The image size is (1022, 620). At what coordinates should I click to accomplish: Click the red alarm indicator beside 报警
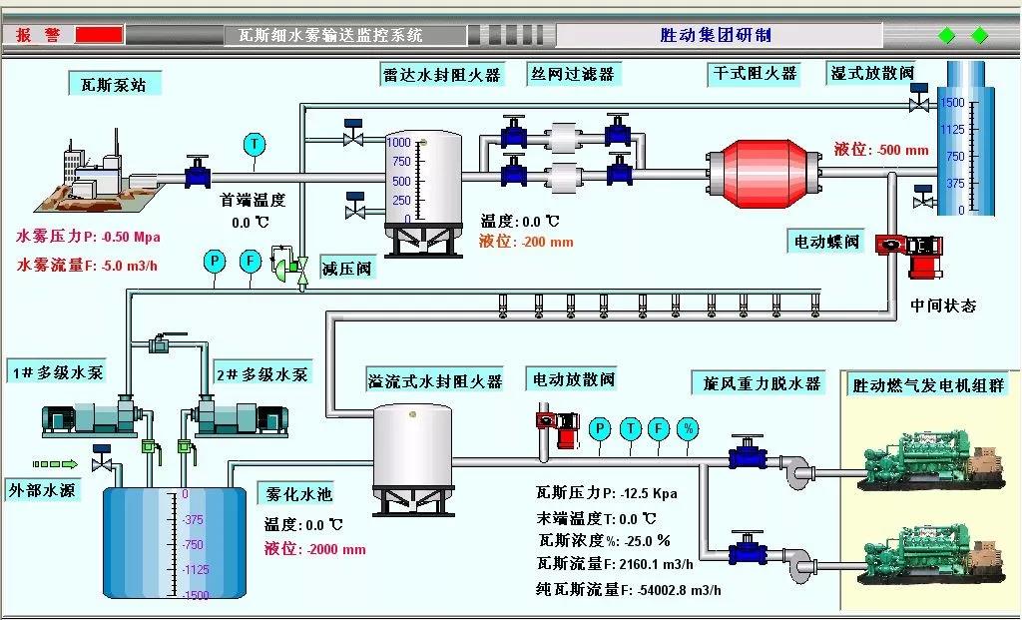point(99,35)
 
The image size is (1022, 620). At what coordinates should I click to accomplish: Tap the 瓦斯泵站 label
point(114,85)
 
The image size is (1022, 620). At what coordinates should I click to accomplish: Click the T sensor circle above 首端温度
point(255,145)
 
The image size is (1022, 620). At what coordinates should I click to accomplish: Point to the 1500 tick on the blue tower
point(953,102)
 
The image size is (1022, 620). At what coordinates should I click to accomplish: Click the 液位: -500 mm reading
point(881,150)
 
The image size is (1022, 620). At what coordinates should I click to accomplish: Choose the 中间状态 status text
point(943,306)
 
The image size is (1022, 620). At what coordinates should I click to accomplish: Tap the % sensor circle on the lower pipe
point(687,429)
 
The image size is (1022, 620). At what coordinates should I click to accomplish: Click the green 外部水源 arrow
point(55,464)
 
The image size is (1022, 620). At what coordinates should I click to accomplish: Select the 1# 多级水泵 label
point(57,373)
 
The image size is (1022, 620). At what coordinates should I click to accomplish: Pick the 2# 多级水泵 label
point(261,374)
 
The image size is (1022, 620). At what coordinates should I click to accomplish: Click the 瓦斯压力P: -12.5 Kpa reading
point(607,492)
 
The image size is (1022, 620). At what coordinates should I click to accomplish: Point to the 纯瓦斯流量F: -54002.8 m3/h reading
point(628,589)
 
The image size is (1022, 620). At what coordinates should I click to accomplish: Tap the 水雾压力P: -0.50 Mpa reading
point(88,237)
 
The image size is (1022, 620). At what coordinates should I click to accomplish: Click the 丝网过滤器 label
point(573,74)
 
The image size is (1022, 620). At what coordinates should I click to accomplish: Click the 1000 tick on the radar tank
point(399,143)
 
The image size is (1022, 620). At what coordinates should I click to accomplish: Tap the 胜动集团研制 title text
point(716,35)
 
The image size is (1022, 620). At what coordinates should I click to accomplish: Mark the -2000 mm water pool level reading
point(315,548)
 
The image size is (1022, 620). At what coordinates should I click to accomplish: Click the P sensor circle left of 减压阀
point(215,262)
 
